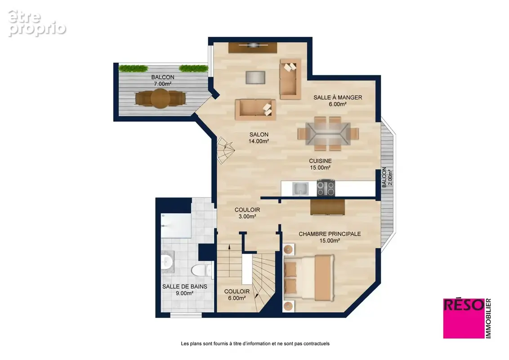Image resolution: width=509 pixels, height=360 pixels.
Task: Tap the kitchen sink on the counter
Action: point(300,189)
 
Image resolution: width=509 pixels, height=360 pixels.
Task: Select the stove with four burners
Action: point(326,188)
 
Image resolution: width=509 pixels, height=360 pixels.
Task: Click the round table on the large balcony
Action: point(160,98)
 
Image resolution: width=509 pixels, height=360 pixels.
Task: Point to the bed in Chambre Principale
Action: point(309,277)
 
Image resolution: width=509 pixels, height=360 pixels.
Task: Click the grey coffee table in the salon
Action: point(255,77)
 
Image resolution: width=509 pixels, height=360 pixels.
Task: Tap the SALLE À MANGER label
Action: point(338,97)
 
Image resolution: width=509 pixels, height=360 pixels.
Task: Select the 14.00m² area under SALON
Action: point(259,141)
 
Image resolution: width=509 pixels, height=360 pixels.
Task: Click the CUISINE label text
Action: point(321,161)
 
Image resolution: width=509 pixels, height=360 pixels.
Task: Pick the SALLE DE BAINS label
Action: point(185,286)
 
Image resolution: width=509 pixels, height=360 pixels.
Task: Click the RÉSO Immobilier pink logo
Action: point(467,319)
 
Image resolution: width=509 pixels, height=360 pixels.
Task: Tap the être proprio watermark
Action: point(37,23)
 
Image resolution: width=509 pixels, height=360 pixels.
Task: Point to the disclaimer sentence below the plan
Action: point(255,343)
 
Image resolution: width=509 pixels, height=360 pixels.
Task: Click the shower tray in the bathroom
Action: point(176,225)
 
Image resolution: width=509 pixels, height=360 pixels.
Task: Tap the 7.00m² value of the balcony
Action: point(163,84)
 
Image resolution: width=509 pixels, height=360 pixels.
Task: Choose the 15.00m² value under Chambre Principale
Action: point(330,241)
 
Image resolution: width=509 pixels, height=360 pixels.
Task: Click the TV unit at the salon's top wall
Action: point(253,47)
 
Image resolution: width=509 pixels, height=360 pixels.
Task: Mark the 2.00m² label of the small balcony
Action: point(390,177)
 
